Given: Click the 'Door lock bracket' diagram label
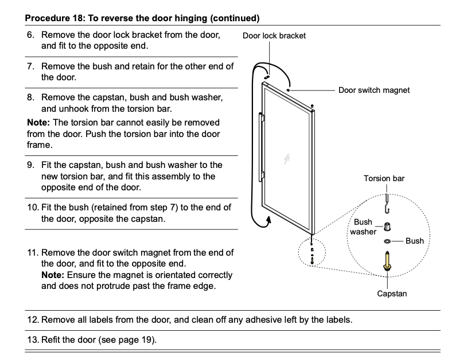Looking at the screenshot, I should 274,36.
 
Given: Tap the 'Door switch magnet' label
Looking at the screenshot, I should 373,90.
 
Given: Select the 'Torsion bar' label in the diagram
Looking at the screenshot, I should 384,178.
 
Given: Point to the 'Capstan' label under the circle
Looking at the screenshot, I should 392,294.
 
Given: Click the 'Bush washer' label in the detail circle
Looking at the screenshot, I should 363,226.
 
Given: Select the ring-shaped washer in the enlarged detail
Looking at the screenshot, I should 388,241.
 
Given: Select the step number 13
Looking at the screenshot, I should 32,340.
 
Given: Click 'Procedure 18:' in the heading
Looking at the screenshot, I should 52,18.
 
